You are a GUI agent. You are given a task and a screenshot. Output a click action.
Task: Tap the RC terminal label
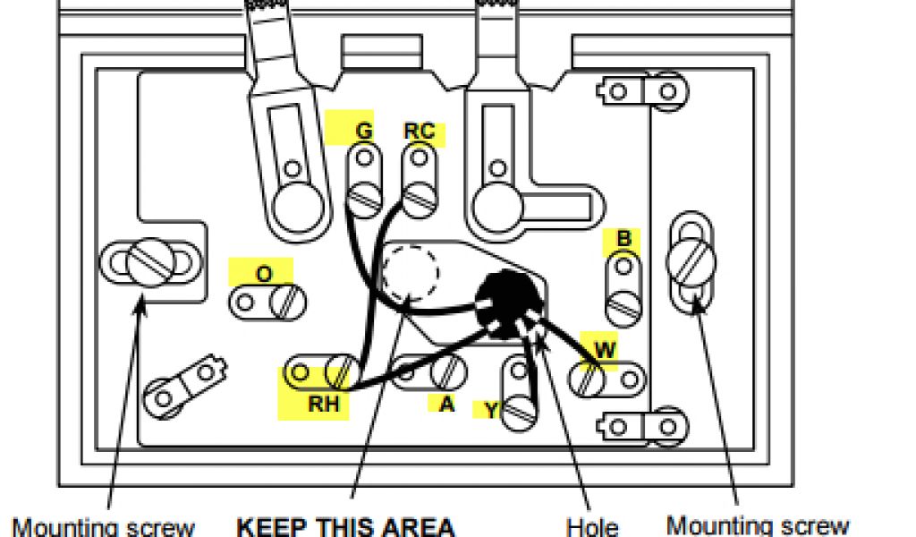pos(419,132)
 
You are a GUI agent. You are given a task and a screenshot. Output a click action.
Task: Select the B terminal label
pos(624,239)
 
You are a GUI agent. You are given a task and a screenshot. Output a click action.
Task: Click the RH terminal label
pos(324,404)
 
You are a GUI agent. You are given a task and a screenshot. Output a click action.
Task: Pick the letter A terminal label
pos(446,404)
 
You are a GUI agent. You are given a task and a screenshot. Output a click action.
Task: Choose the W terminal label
pos(606,350)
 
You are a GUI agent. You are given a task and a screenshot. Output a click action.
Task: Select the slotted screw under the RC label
pos(419,195)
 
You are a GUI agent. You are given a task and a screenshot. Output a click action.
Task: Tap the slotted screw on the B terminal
pos(623,307)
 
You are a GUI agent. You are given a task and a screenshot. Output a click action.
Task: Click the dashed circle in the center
pos(411,277)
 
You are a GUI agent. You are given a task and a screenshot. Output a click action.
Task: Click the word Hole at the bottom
pos(592,525)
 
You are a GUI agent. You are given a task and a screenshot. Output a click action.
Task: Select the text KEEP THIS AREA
pos(345,525)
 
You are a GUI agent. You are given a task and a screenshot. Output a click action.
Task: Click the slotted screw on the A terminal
pos(447,371)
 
